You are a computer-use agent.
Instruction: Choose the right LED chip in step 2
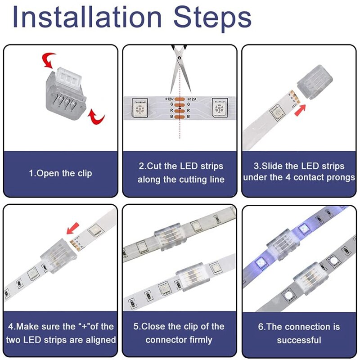pyautogui.click(x=220, y=108)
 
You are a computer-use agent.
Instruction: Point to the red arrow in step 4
pyautogui.click(x=72, y=230)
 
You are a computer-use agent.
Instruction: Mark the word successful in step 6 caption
pyautogui.click(x=299, y=340)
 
